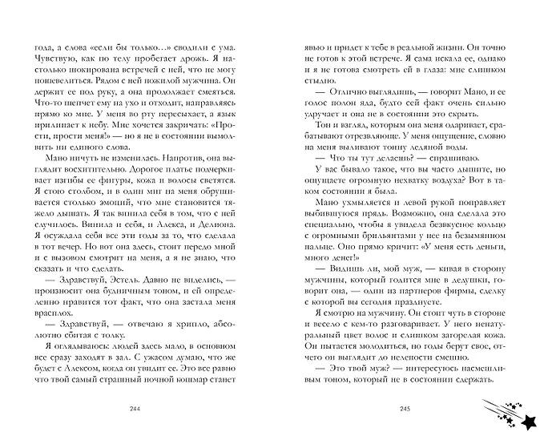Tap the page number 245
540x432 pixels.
click(x=405, y=410)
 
